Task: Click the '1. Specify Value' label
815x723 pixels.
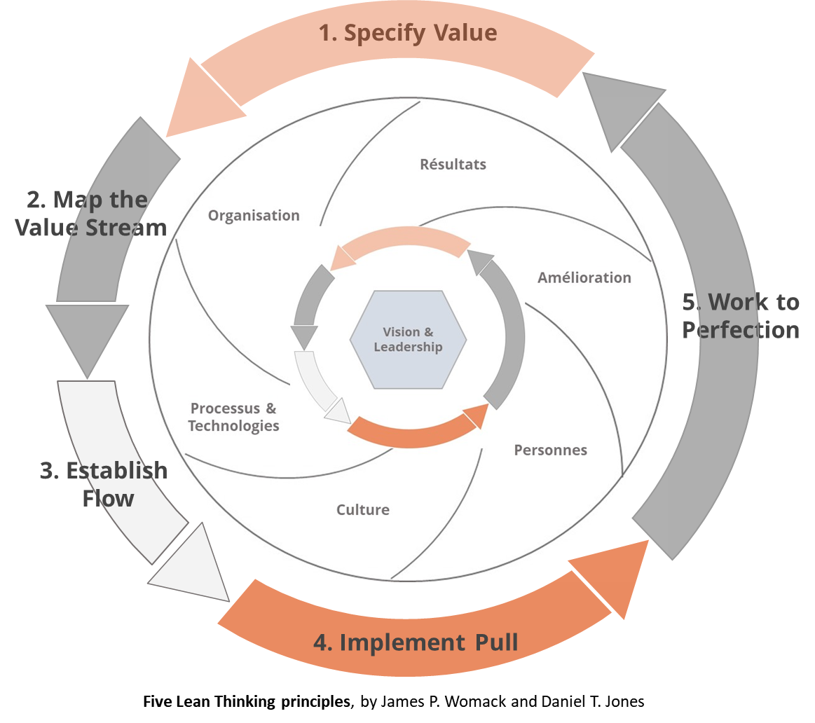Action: click(x=408, y=33)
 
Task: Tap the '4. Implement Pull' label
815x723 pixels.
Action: click(x=416, y=642)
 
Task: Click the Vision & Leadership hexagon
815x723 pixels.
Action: click(x=408, y=339)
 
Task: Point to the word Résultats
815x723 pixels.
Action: click(x=453, y=165)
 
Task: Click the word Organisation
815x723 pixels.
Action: click(x=254, y=216)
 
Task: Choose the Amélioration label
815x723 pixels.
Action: click(x=584, y=277)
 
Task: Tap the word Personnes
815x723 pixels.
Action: click(x=550, y=450)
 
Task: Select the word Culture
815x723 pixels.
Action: click(x=362, y=510)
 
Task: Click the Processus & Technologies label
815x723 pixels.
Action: click(x=233, y=417)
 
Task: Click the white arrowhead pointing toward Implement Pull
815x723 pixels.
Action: click(x=193, y=567)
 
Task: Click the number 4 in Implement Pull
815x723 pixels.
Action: click(x=322, y=642)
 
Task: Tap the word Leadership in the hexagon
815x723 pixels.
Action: click(x=408, y=347)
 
